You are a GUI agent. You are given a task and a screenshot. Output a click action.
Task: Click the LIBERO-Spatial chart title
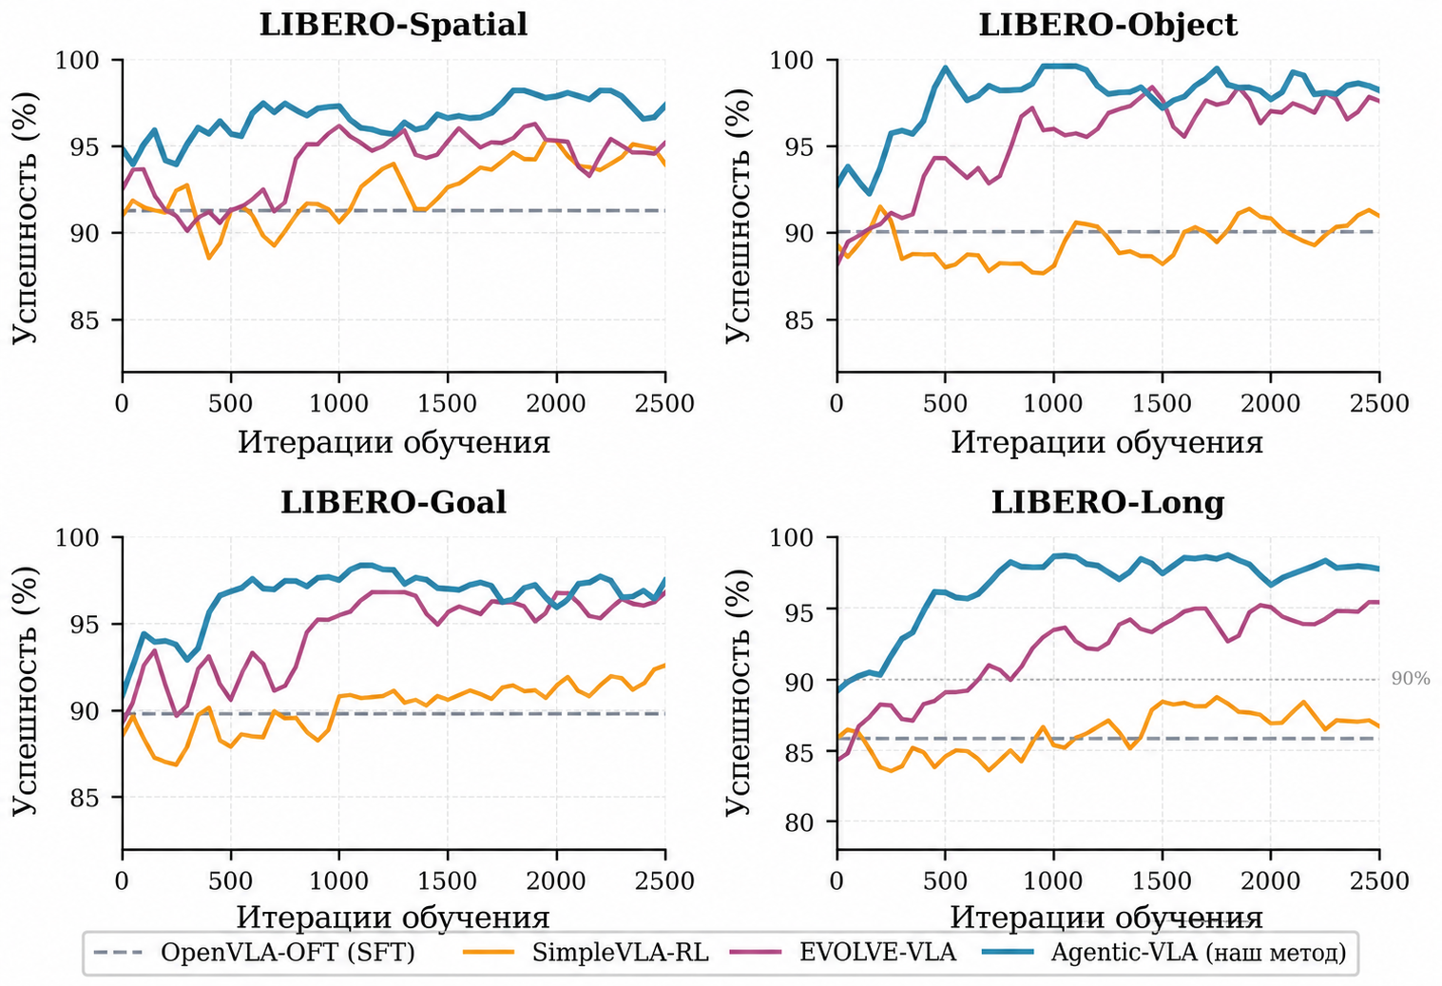click(394, 26)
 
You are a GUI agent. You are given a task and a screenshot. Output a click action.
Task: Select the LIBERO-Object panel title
click(1108, 26)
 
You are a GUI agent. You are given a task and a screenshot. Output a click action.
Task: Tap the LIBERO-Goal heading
click(394, 502)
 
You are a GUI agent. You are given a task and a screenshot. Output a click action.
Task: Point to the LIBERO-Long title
click(1108, 503)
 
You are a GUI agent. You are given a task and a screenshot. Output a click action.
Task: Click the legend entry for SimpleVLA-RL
click(620, 952)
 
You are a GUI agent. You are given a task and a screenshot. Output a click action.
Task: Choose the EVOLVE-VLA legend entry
click(878, 952)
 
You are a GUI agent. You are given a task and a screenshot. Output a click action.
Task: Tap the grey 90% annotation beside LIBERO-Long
click(1410, 679)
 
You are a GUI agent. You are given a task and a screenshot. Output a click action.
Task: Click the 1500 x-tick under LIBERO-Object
click(1162, 404)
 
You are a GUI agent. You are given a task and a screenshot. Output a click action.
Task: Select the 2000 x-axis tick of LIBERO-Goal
click(556, 880)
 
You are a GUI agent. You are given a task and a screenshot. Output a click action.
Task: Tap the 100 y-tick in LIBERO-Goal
click(79, 537)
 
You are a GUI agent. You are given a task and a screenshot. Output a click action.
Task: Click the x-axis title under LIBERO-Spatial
click(394, 443)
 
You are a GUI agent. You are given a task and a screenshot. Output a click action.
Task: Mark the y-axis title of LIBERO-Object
click(738, 216)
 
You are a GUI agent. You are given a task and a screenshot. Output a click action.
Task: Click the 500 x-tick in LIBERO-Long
click(945, 880)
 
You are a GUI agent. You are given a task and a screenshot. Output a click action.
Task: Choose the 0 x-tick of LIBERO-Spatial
click(122, 404)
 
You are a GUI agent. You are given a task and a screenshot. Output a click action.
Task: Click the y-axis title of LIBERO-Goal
click(24, 692)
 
